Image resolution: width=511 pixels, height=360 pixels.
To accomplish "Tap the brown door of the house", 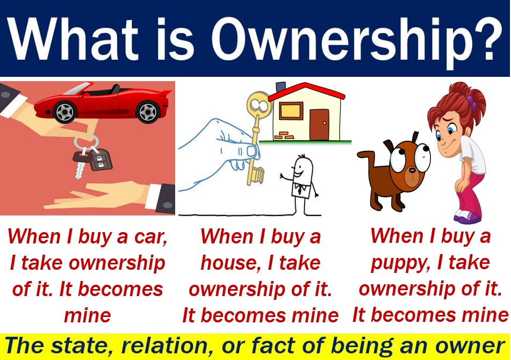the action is [319, 125].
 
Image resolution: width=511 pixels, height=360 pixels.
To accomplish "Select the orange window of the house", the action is [291, 111].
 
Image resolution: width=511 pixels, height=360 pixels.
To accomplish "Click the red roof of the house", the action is [306, 91].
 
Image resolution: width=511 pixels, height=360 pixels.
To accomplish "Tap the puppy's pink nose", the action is [412, 170].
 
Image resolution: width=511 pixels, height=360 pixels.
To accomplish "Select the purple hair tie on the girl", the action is [471, 102].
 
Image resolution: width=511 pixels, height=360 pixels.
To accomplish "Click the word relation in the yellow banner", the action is [163, 345].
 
